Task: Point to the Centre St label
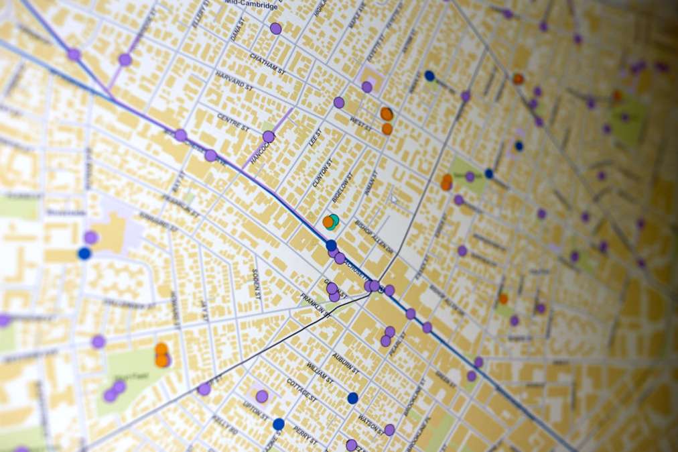point(232,122)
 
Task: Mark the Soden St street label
point(255,280)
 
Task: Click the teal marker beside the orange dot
point(334,221)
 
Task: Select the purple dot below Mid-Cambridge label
point(275,28)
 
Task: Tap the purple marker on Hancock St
point(269,137)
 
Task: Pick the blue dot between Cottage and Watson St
point(353,398)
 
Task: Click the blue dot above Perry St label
point(279,424)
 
